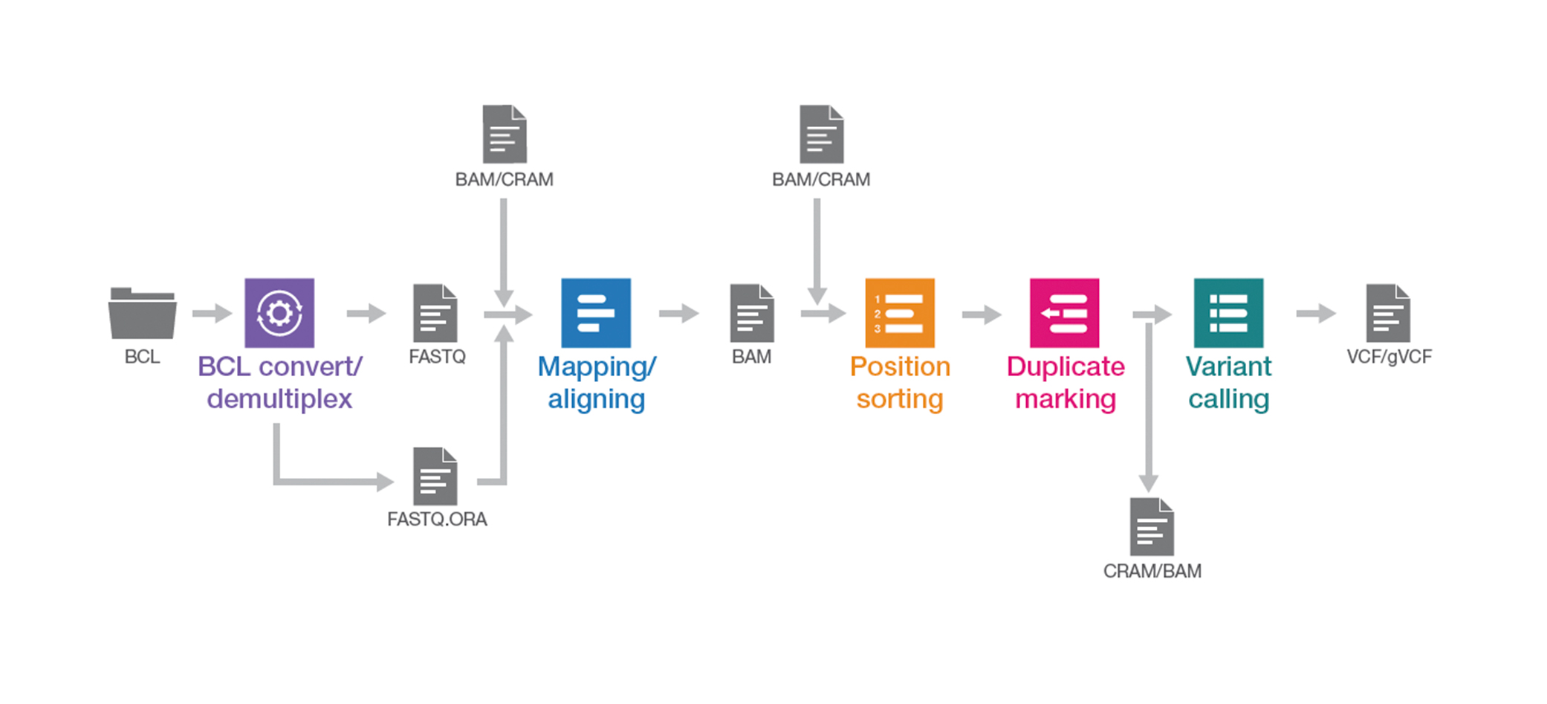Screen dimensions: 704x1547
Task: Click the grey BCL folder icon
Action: pyautogui.click(x=142, y=313)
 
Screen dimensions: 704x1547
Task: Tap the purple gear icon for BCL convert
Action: pyautogui.click(x=279, y=313)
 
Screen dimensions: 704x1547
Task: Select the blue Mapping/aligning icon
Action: pyautogui.click(x=596, y=313)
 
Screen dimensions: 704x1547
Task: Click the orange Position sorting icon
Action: pyautogui.click(x=900, y=313)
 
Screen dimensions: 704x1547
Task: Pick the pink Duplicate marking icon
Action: pyautogui.click(x=1064, y=313)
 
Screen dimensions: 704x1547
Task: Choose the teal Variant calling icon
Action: pyautogui.click(x=1228, y=313)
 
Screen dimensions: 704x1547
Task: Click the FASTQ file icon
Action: pyautogui.click(x=435, y=313)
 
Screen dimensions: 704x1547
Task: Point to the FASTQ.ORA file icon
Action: pyautogui.click(x=435, y=477)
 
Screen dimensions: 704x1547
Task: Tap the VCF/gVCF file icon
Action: pyautogui.click(x=1388, y=313)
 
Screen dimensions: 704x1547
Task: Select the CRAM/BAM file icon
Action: pyautogui.click(x=1152, y=527)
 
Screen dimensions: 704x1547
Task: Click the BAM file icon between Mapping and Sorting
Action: pyautogui.click(x=752, y=313)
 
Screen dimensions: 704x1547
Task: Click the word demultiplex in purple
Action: pyautogui.click(x=279, y=399)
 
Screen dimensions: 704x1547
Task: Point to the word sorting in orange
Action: pyautogui.click(x=900, y=399)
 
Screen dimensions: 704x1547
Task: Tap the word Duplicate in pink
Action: pyautogui.click(x=1066, y=366)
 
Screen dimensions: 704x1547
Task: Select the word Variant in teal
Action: pyautogui.click(x=1228, y=366)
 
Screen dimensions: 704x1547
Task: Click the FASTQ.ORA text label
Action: pyautogui.click(x=437, y=519)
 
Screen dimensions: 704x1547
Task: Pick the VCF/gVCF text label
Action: pyautogui.click(x=1389, y=357)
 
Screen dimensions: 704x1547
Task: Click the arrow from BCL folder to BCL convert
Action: pyautogui.click(x=212, y=313)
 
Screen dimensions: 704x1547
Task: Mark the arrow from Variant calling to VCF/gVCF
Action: pyautogui.click(x=1315, y=313)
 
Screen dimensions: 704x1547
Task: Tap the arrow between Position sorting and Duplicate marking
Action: pyautogui.click(x=981, y=314)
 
